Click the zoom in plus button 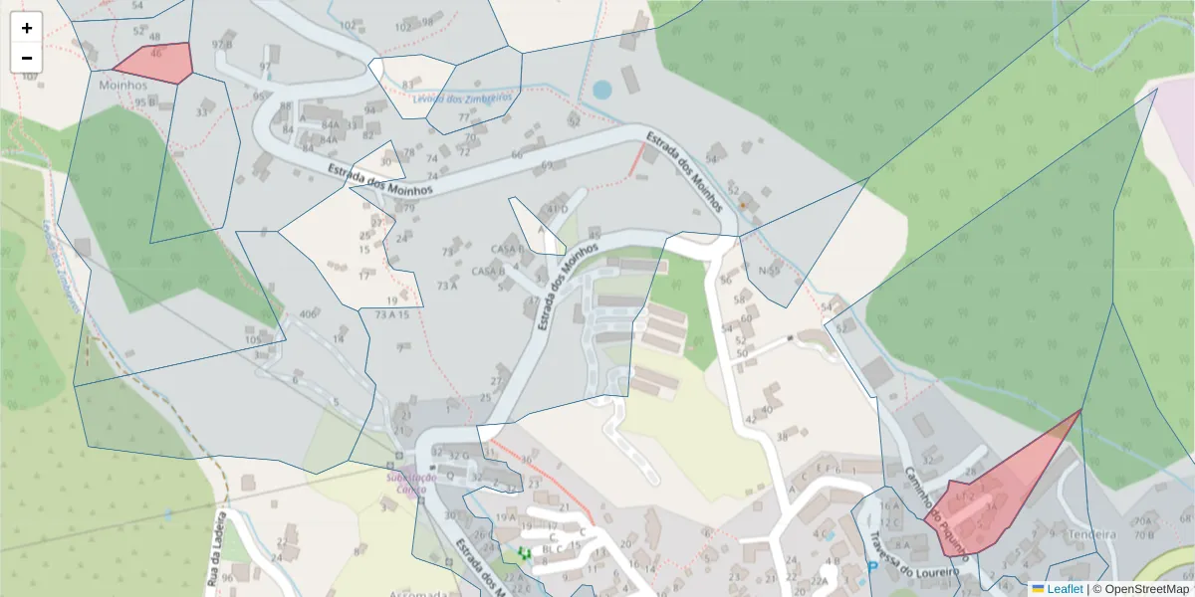tap(27, 28)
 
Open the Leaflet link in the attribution tap(1065, 589)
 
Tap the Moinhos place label tap(122, 86)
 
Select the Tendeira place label tap(1091, 534)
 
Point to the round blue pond tap(601, 90)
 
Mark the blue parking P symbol tap(872, 568)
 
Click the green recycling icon tap(524, 552)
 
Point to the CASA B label tap(507, 249)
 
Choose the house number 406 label tap(308, 315)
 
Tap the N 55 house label tap(768, 271)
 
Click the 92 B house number tap(222, 45)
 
